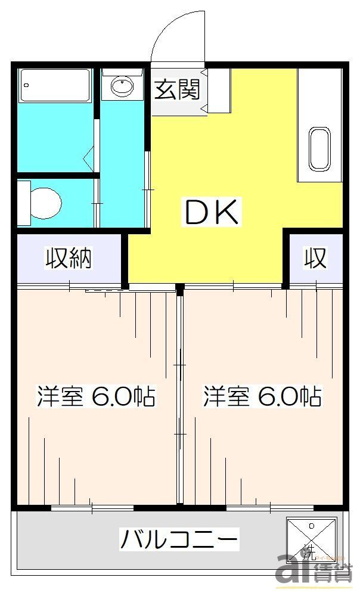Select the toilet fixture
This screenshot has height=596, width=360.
point(45,203)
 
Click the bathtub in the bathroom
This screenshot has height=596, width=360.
point(55,85)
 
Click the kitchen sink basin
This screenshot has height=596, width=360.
point(320,148)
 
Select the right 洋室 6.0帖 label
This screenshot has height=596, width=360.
point(262,396)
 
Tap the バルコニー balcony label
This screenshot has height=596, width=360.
point(179,540)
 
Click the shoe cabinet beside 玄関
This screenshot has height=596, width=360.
point(219,90)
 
